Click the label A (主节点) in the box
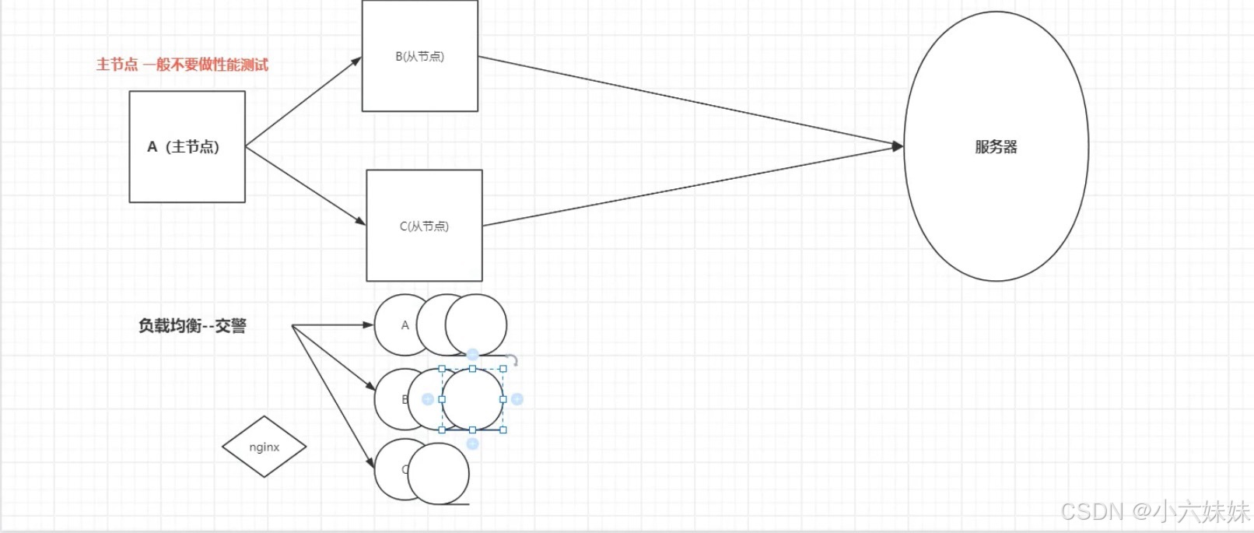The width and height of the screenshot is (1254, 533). point(184,146)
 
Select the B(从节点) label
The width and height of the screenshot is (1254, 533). point(420,56)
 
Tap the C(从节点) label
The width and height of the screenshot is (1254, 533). point(424,226)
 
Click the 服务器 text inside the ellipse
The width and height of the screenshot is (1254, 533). point(996,146)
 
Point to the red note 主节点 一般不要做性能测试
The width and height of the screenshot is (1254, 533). point(182,65)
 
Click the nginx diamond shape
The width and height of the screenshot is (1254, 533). point(264,447)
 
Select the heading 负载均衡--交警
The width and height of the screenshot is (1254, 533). point(192,325)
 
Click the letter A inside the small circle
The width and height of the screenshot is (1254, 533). point(405,325)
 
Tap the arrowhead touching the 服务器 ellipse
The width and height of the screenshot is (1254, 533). point(898,146)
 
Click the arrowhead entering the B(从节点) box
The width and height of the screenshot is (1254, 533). point(357,60)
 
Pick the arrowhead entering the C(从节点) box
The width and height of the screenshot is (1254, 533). point(361,223)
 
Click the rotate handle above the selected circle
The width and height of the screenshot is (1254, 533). point(512,360)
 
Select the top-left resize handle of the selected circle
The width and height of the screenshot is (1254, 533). point(442,369)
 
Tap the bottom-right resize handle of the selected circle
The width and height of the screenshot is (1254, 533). point(503,430)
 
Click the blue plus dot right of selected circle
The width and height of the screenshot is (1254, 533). point(517,399)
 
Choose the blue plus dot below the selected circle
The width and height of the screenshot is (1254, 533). point(472,444)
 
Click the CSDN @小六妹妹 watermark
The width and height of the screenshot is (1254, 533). point(1154,511)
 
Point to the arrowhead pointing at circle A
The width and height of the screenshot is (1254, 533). point(369,325)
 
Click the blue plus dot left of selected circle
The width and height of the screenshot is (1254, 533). point(427,399)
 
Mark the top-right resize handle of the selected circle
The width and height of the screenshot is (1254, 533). point(503,369)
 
